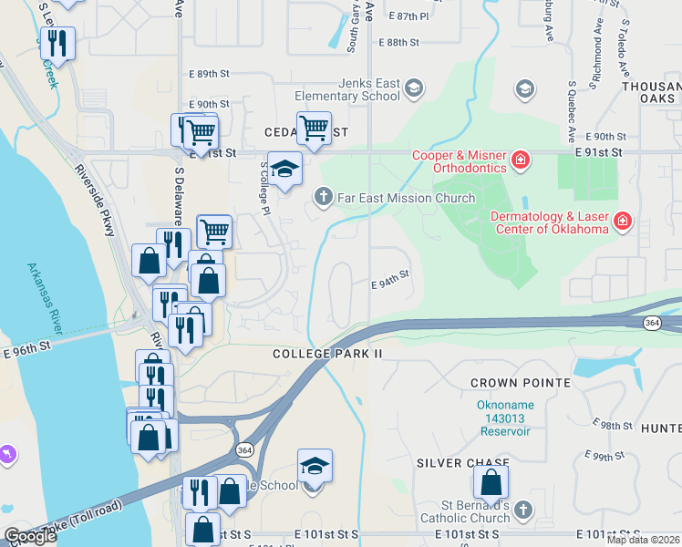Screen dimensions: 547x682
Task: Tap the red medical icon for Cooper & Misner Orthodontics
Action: pyautogui.click(x=521, y=160)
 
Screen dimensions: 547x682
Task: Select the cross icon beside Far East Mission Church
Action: pyautogui.click(x=322, y=197)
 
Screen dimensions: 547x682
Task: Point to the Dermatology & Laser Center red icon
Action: pyautogui.click(x=623, y=221)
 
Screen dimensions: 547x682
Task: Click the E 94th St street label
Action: pyautogui.click(x=389, y=284)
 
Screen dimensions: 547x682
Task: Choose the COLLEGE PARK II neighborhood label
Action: pyautogui.click(x=325, y=353)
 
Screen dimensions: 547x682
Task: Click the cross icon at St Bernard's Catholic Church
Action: pyautogui.click(x=522, y=511)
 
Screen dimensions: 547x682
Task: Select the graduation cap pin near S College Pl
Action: pyautogui.click(x=284, y=169)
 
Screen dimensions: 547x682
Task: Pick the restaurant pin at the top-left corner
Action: pyautogui.click(x=58, y=43)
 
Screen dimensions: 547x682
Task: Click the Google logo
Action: pyautogui.click(x=30, y=536)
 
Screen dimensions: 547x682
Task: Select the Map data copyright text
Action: pyautogui.click(x=642, y=540)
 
